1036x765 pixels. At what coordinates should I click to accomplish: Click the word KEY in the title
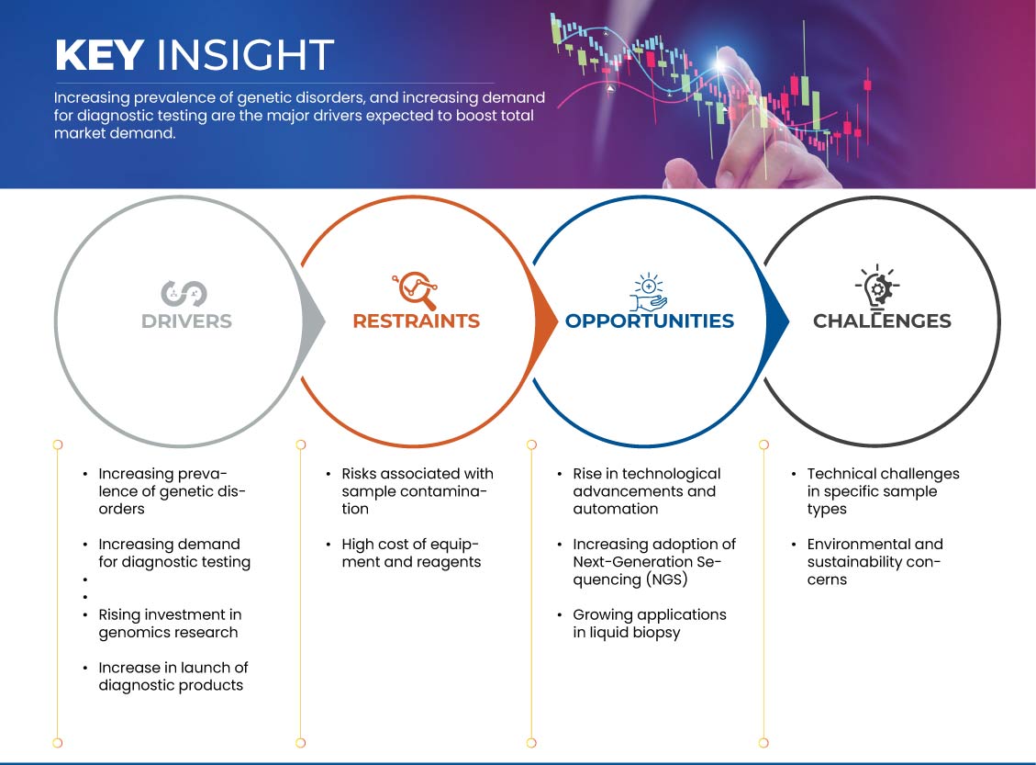coord(99,55)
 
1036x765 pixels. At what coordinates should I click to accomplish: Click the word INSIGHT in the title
coord(245,55)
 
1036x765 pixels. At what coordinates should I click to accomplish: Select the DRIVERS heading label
coord(186,321)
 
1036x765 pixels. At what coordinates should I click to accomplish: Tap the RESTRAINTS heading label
coord(417,321)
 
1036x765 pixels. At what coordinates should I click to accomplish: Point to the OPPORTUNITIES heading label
coord(650,321)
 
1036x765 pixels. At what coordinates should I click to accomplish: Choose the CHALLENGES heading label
coord(882,321)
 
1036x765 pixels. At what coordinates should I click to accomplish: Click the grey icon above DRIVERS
coord(184,294)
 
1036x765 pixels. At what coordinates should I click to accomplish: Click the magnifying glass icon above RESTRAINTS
coord(415,290)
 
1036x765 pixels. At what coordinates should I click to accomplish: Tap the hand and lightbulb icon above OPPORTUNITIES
coord(648,292)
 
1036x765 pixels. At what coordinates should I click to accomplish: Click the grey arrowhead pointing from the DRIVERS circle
coord(313,322)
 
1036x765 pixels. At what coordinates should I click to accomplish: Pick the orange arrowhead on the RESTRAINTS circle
coord(545,322)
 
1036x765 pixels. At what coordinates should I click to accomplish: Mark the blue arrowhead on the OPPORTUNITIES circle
coord(777,322)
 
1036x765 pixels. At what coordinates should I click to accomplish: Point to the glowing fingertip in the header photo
coord(721,63)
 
